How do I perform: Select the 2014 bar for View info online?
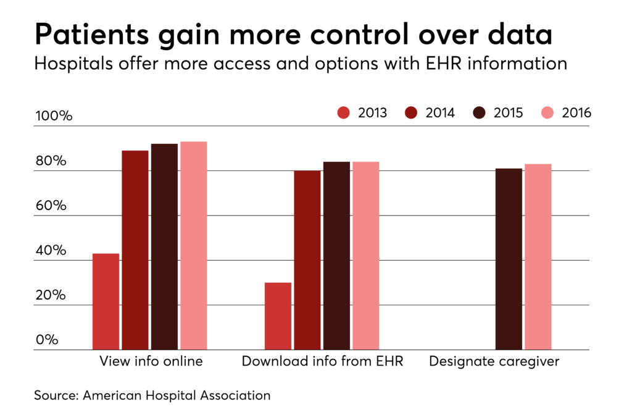[x=135, y=250]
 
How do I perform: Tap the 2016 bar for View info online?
[x=193, y=246]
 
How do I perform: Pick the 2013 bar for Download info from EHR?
[x=278, y=316]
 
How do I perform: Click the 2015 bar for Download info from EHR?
[x=336, y=256]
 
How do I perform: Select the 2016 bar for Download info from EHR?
[x=365, y=256]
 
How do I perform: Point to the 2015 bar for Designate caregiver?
[x=509, y=259]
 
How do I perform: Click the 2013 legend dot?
[x=344, y=113]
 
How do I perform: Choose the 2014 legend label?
[x=441, y=113]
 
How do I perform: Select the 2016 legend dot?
[x=547, y=113]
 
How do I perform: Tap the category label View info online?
[x=151, y=361]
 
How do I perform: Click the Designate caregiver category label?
[x=494, y=361]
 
